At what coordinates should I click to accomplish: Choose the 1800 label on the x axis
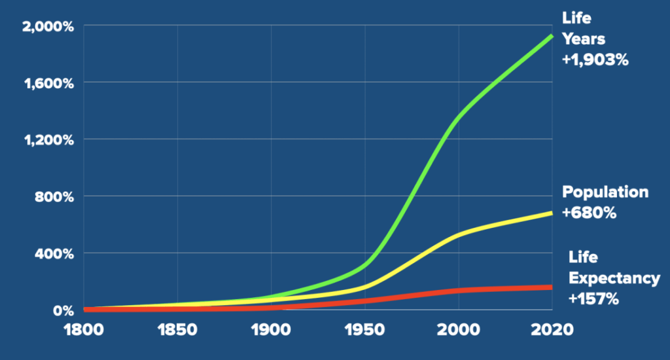pos(83,330)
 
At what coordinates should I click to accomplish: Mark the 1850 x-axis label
pos(177,330)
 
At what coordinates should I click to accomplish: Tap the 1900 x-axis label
pos(271,330)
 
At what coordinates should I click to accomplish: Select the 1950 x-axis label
pos(365,330)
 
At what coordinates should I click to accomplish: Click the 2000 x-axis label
pos(459,330)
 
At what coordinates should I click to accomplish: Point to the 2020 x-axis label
pos(551,330)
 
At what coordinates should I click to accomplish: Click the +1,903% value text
pos(595,59)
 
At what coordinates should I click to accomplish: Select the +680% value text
pos(589,212)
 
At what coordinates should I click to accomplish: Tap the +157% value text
pos(593,298)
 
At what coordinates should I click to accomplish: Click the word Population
pos(605,192)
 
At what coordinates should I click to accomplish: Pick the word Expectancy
pos(614,278)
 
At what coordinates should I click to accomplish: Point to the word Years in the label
pos(582,38)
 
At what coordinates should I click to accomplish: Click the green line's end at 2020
pos(552,35)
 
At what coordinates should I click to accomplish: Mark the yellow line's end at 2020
pos(552,213)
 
